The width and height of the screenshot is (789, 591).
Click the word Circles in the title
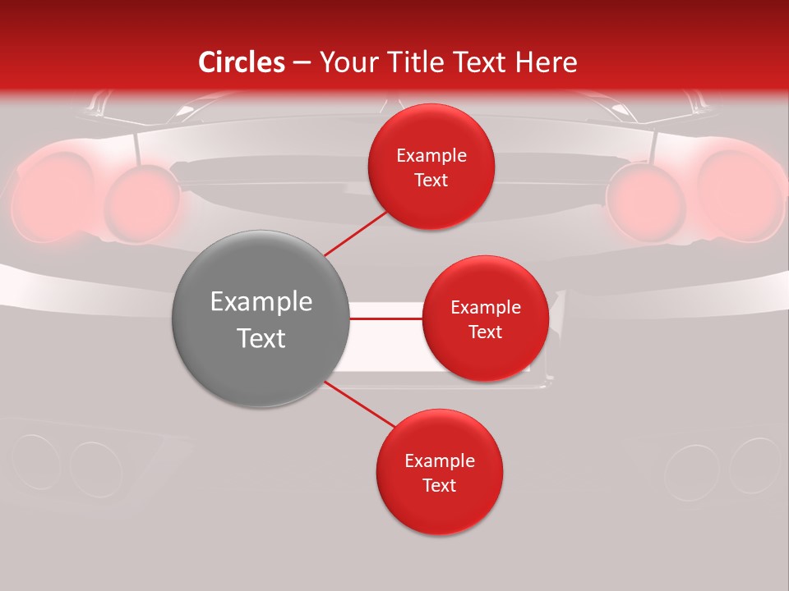(242, 62)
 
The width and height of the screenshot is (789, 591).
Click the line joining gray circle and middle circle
(385, 318)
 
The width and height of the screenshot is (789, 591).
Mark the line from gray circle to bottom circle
(360, 405)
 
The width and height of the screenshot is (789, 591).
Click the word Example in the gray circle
(261, 302)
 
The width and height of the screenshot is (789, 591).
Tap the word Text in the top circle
(431, 180)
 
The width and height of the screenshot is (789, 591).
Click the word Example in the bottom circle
(439, 461)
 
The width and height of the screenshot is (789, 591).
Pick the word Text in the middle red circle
(485, 332)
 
